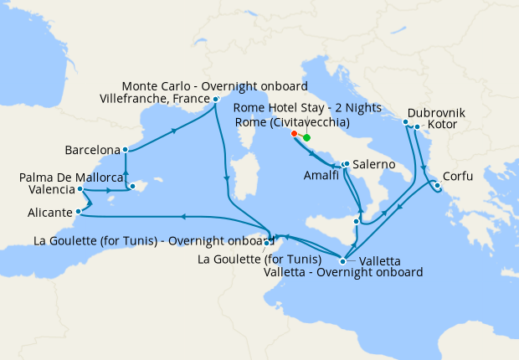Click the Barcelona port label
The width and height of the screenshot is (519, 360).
coord(92,151)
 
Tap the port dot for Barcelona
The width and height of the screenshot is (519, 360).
coord(125,151)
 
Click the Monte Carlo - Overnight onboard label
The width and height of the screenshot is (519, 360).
coord(215,86)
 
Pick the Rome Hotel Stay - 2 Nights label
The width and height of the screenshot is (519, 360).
coord(307,108)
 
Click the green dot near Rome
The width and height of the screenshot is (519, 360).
coord(306,137)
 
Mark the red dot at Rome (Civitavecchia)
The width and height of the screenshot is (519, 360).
coord(294,133)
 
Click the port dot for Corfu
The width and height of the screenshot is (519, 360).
coord(436,184)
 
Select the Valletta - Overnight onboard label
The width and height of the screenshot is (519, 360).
coord(342,272)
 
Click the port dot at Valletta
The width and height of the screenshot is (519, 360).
coord(342,260)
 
